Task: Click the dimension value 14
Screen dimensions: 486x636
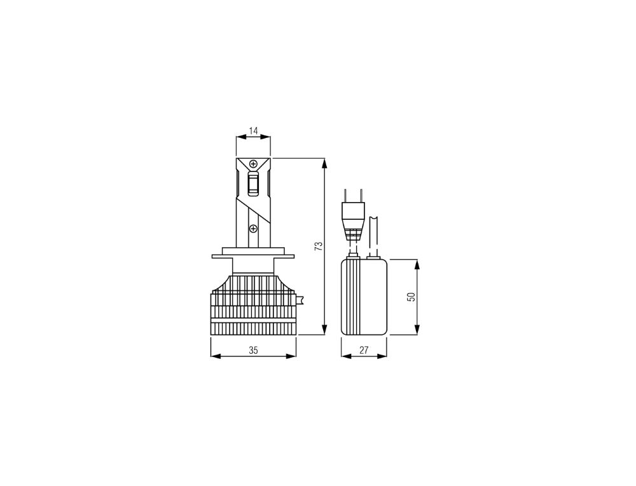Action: (x=253, y=132)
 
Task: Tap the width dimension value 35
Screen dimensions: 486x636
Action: (x=253, y=350)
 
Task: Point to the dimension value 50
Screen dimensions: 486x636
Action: (x=411, y=297)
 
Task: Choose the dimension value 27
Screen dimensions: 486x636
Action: (x=364, y=350)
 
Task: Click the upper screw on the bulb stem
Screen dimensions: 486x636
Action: (x=253, y=163)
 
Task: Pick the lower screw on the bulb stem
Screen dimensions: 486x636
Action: (x=253, y=228)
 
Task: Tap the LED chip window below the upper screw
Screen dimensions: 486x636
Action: (x=253, y=184)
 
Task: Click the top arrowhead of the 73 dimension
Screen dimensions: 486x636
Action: (x=325, y=163)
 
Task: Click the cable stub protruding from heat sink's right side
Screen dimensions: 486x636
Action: (x=301, y=298)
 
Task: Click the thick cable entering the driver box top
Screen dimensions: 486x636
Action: (x=374, y=235)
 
